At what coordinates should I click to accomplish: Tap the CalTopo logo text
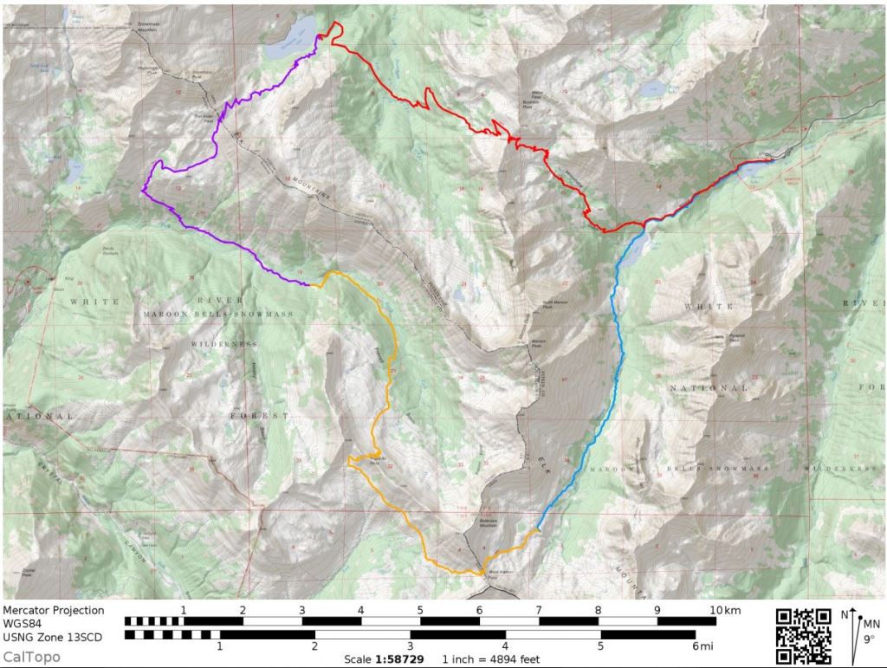click(x=31, y=658)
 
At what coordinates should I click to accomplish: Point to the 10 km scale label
click(x=721, y=611)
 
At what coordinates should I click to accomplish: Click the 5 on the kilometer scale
click(x=420, y=611)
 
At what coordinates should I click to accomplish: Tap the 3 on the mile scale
click(x=410, y=645)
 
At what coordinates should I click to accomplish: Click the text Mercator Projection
click(x=53, y=610)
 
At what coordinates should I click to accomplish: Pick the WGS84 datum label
click(x=23, y=624)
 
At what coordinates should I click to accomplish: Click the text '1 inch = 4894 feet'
click(x=490, y=659)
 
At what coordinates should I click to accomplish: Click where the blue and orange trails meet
click(x=536, y=529)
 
